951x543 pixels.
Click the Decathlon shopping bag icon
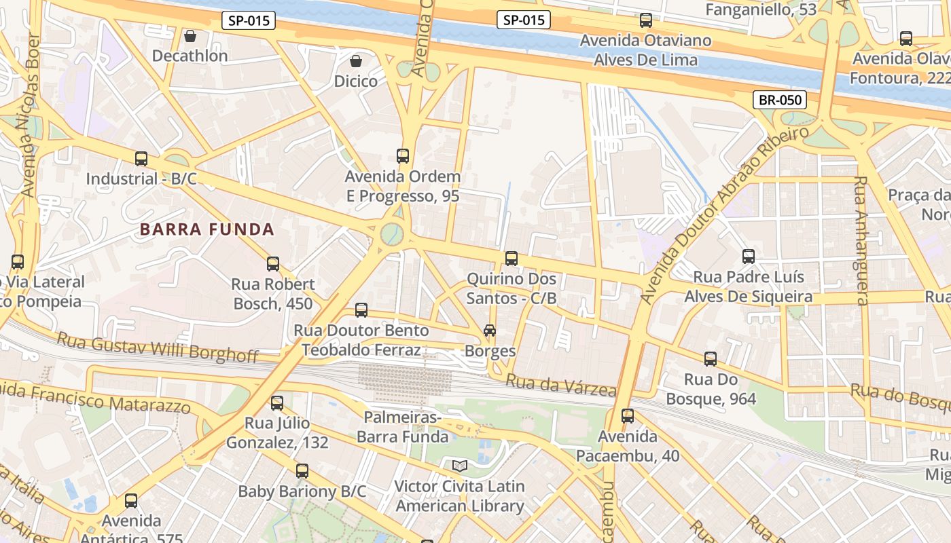(190, 35)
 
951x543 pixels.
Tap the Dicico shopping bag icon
(356, 61)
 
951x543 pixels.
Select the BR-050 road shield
(780, 100)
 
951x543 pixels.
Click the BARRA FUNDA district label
(207, 229)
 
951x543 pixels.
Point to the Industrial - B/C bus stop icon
(141, 159)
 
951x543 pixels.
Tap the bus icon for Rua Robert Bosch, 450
(273, 264)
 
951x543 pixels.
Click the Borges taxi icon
(489, 331)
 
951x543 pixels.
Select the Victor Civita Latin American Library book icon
(460, 466)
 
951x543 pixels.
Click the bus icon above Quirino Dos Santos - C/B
(512, 259)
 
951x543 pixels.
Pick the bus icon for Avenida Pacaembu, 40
(628, 415)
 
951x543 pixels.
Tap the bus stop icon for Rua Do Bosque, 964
(711, 359)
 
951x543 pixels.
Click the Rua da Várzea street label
(561, 386)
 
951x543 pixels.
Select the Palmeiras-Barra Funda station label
(402, 427)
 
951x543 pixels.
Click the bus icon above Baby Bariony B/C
(302, 470)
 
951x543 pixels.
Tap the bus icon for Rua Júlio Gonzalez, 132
(277, 403)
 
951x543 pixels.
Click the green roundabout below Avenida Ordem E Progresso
(392, 234)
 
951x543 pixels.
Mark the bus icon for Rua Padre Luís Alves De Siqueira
(749, 257)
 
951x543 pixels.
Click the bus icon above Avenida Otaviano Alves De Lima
(646, 20)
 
